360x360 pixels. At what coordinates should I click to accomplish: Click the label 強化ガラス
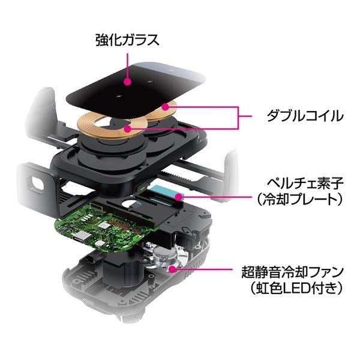[127, 40]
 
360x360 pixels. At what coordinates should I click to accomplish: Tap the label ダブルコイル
[305, 115]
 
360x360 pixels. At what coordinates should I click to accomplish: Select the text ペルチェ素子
[305, 184]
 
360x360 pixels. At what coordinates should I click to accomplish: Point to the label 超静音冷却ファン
[293, 272]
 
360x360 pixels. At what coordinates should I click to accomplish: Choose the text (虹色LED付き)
[296, 288]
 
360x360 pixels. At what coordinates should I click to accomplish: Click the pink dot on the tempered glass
[127, 82]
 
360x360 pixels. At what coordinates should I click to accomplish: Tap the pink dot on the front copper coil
[127, 129]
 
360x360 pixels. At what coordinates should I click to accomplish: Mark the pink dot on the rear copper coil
[165, 107]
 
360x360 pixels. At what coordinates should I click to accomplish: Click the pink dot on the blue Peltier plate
[178, 197]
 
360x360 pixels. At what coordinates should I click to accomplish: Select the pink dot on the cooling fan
[173, 269]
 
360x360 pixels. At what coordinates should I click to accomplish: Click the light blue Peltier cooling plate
[167, 193]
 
